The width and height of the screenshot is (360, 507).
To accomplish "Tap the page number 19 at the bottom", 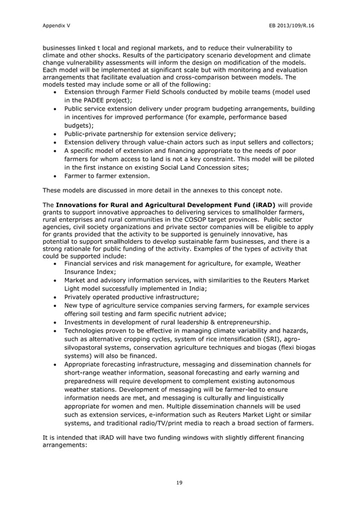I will [179, 482].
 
